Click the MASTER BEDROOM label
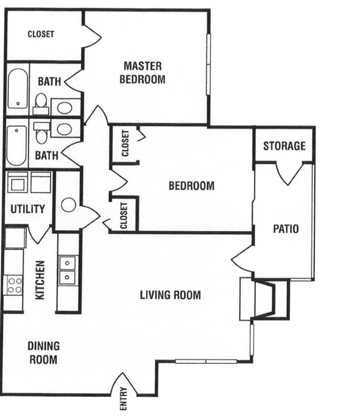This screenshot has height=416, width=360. coord(143,72)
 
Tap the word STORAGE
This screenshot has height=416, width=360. coord(284,146)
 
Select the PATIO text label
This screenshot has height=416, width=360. coord(286,229)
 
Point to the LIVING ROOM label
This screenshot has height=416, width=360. coord(170,295)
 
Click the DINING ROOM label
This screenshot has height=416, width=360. coord(43,353)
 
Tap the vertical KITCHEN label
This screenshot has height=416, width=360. coord(40,280)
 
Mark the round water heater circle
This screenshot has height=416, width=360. coord(68,205)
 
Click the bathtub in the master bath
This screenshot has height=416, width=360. coord(17,89)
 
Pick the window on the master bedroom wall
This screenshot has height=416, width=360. coord(208,64)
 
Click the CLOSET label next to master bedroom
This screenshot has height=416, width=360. coord(41,34)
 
